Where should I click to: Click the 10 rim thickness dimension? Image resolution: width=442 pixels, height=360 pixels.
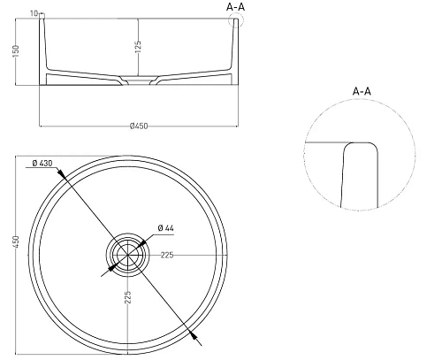click(34, 13)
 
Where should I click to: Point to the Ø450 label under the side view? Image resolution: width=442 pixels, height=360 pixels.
click(138, 126)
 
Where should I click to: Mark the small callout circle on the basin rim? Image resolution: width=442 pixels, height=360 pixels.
click(235, 21)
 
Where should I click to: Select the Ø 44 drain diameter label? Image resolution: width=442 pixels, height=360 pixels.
click(167, 228)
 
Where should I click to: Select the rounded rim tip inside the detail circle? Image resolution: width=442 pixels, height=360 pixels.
click(359, 145)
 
